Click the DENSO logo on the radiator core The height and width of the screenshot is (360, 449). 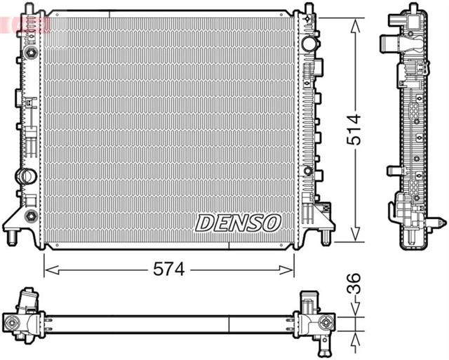[238, 223]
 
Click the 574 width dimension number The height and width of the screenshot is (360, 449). [169, 269]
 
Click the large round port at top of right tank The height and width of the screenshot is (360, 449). [309, 43]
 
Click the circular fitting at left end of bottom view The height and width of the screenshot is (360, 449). [12, 323]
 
